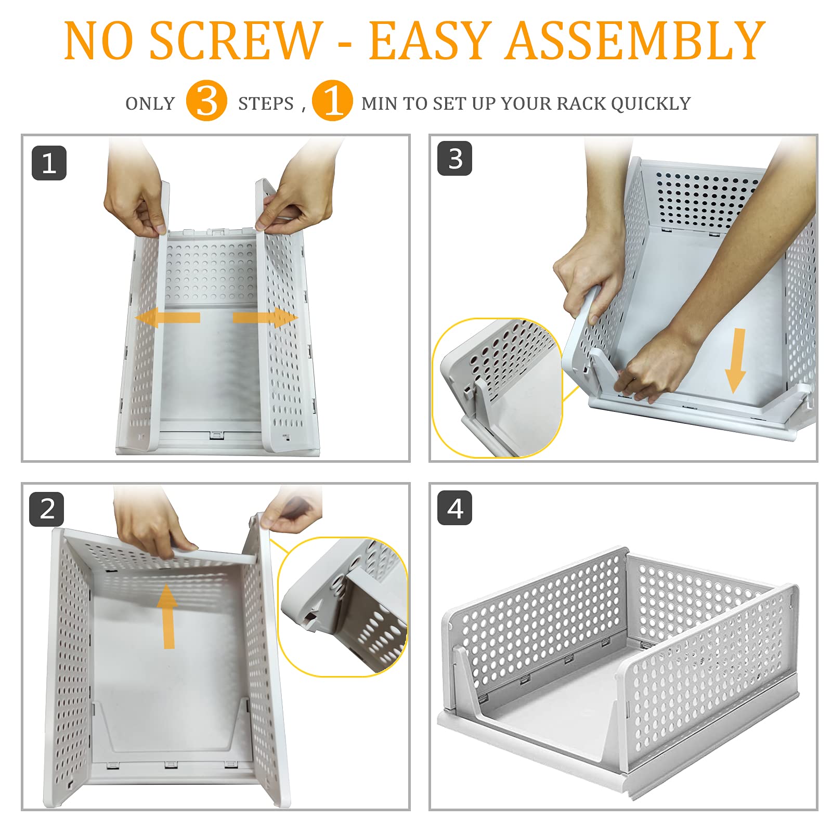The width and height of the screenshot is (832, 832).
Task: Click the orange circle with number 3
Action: [206, 101]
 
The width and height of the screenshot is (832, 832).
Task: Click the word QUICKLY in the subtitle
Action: [651, 103]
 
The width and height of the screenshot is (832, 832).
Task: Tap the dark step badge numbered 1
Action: [49, 163]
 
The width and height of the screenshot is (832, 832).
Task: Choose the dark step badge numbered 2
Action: [47, 509]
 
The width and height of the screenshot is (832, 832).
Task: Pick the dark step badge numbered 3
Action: [455, 159]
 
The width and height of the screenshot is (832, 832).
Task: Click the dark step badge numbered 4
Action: [455, 508]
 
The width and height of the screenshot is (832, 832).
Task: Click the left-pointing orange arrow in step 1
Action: [167, 318]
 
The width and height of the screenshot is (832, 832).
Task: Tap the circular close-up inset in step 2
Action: [343, 607]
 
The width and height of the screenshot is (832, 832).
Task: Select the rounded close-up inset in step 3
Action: [497, 388]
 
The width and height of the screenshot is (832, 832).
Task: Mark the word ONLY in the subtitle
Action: [150, 103]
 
